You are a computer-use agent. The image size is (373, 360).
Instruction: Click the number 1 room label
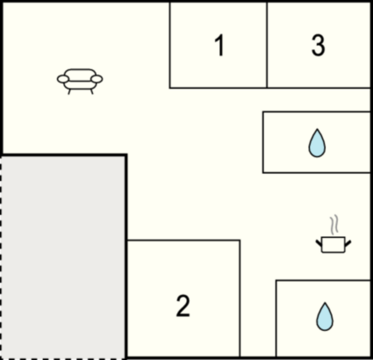click(219, 46)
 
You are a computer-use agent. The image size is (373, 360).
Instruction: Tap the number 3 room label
click(318, 46)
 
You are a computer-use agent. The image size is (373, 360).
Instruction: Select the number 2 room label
click(183, 306)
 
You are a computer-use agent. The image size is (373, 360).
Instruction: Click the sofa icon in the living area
click(80, 82)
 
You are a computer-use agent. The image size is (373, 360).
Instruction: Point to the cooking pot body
click(334, 245)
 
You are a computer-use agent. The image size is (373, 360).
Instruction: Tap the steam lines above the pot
click(334, 225)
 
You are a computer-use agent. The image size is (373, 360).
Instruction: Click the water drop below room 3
click(317, 143)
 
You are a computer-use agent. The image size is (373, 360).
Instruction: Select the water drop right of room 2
click(325, 317)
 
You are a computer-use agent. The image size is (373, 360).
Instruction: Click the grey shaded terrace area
click(63, 257)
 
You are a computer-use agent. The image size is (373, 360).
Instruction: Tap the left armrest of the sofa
click(62, 79)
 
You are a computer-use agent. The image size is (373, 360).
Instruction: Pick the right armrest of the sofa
click(97, 79)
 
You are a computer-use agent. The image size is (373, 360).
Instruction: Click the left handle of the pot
click(319, 242)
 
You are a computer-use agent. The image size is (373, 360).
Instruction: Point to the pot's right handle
click(348, 242)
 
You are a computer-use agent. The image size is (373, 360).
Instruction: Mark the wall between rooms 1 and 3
click(267, 45)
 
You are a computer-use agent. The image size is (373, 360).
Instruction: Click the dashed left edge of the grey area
click(1, 257)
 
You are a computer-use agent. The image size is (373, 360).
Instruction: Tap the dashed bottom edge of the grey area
click(63, 358)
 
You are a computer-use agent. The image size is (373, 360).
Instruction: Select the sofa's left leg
click(69, 91)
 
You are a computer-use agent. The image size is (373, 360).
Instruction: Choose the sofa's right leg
click(91, 91)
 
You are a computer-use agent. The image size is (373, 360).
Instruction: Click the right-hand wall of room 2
click(240, 299)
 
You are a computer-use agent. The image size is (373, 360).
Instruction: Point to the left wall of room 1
click(169, 45)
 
